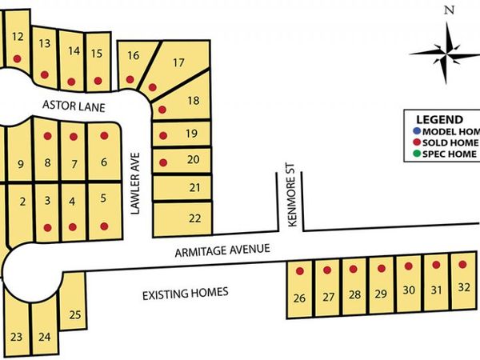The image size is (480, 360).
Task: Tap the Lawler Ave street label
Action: click(x=135, y=183)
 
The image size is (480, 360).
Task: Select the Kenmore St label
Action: click(x=293, y=197)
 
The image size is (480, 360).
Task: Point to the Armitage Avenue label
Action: click(x=222, y=251)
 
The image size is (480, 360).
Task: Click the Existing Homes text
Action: click(x=185, y=293)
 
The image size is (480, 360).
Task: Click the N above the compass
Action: click(x=450, y=10)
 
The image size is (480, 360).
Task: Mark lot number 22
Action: click(x=194, y=218)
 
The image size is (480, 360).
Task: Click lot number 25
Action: click(x=74, y=314)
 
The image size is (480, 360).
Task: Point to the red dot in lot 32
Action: click(x=462, y=263)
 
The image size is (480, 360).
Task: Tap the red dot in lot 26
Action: click(x=300, y=271)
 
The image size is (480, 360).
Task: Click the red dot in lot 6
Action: click(x=103, y=136)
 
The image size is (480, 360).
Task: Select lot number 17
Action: click(x=178, y=62)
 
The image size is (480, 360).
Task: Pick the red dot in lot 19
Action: click(x=162, y=135)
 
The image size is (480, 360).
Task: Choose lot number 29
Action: click(x=381, y=294)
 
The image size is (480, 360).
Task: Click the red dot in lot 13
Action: click(x=45, y=74)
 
